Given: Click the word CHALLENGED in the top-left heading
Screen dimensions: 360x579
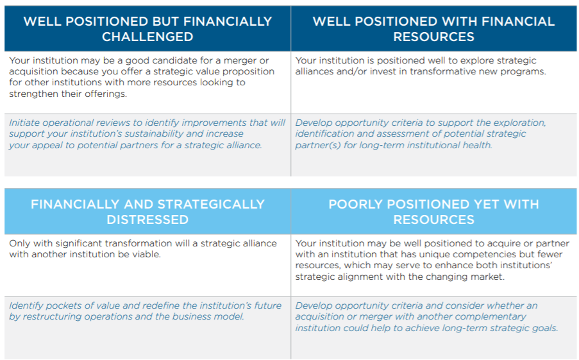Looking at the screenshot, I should point(147,37).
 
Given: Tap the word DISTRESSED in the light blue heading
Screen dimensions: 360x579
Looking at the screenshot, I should point(147,219).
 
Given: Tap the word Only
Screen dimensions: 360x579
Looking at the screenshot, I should point(20,243).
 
